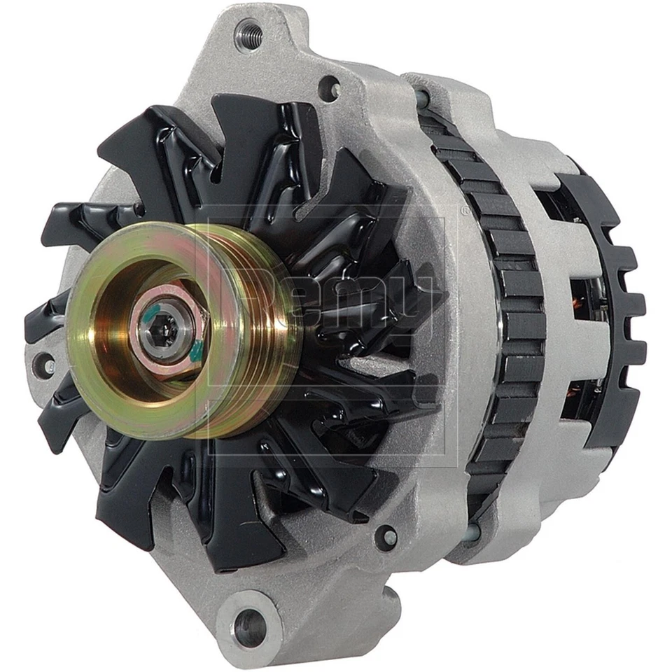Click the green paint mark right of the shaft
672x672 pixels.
tap(197, 348)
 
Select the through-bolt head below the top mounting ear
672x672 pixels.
tap(330, 89)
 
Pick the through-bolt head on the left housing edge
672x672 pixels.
tap(47, 363)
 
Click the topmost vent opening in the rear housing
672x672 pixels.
tap(553, 203)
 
